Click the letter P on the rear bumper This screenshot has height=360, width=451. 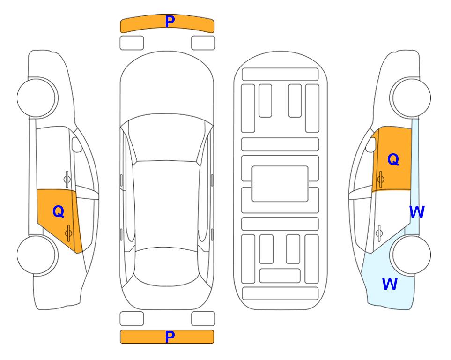(170, 337)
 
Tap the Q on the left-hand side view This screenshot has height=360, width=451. (59, 212)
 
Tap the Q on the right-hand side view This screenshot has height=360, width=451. (393, 159)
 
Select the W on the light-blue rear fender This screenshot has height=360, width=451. (390, 284)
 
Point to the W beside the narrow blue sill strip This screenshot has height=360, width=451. (417, 212)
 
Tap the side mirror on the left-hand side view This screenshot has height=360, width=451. (77, 144)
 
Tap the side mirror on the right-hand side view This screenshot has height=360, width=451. (371, 144)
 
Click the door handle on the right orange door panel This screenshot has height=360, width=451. (380, 179)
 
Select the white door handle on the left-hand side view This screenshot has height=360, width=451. (67, 179)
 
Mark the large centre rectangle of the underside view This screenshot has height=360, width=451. (280, 184)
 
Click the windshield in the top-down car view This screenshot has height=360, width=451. (167, 138)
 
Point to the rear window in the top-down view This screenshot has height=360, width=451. (167, 266)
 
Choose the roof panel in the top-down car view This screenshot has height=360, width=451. (166, 205)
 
